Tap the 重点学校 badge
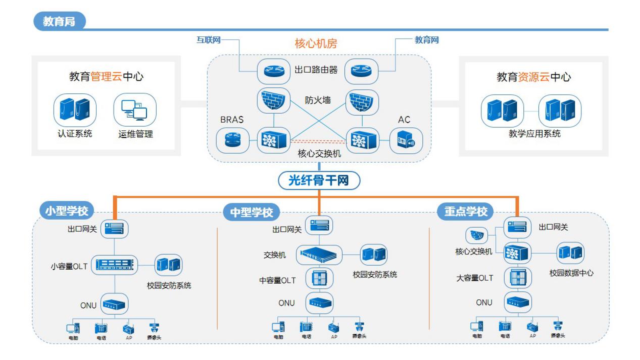466,212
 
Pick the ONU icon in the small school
115,303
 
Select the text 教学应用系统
535,135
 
